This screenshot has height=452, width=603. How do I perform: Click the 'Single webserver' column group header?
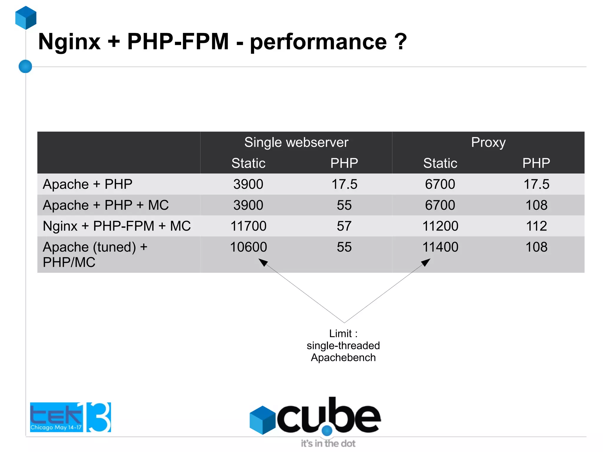(x=296, y=143)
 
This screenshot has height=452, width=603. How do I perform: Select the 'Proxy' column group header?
(x=488, y=143)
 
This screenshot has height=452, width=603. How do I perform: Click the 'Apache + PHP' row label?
(x=87, y=184)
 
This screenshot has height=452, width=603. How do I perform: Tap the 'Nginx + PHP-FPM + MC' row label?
(x=117, y=226)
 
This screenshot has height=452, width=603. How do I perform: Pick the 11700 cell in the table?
(x=248, y=226)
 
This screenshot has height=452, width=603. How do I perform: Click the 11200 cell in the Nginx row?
(x=440, y=226)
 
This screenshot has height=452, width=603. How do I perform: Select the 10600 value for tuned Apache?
(x=248, y=247)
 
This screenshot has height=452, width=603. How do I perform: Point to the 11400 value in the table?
(x=440, y=247)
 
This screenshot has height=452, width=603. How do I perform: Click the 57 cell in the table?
(x=344, y=226)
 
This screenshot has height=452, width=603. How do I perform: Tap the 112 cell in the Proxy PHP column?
(x=536, y=226)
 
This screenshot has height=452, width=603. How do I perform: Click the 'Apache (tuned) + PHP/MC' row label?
(x=95, y=254)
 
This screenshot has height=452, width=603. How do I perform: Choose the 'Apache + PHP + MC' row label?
(x=106, y=205)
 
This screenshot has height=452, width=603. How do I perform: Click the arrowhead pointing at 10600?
(x=263, y=262)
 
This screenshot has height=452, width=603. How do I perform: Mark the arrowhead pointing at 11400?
(x=426, y=262)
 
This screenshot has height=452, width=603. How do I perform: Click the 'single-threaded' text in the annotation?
(x=343, y=345)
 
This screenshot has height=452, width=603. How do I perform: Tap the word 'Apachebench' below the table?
(x=343, y=357)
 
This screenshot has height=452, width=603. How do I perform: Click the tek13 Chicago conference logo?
(x=70, y=417)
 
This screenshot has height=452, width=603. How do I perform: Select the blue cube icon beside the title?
(x=26, y=18)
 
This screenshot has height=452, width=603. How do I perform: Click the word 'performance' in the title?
(x=318, y=42)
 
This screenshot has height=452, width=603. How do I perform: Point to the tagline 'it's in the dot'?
(x=328, y=443)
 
